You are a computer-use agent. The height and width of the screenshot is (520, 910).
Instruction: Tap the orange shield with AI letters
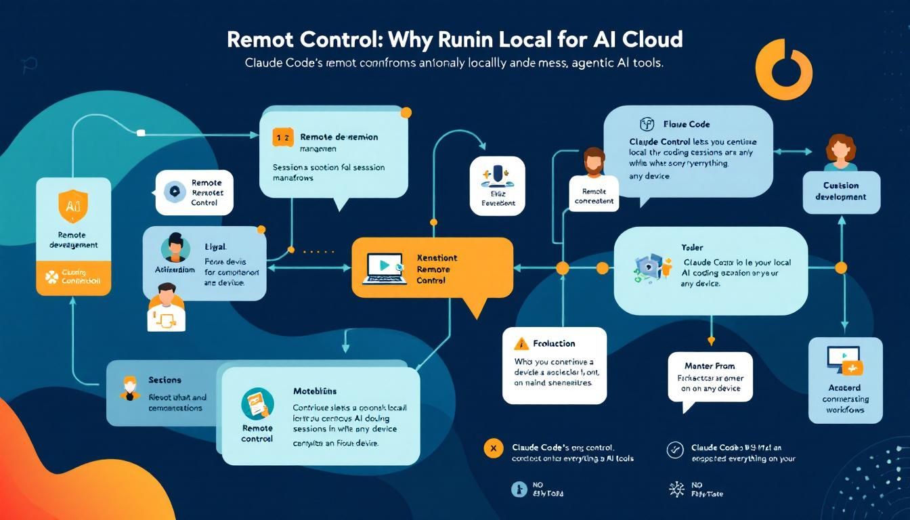pyautogui.click(x=73, y=206)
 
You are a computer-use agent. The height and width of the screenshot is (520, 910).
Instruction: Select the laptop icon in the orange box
pyautogui.click(x=383, y=267)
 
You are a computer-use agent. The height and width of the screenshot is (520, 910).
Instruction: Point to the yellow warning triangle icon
pyautogui.click(x=520, y=343)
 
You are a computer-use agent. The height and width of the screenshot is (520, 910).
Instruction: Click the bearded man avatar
pyautogui.click(x=593, y=162)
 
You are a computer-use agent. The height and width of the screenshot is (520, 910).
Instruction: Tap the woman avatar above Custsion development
pyautogui.click(x=841, y=153)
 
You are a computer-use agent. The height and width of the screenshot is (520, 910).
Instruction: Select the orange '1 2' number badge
pyautogui.click(x=282, y=137)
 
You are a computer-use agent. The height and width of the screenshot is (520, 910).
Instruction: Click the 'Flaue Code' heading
pyautogui.click(x=686, y=125)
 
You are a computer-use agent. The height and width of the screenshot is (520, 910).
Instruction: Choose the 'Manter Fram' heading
pyautogui.click(x=710, y=366)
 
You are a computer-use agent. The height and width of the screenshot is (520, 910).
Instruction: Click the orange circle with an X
pyautogui.click(x=493, y=448)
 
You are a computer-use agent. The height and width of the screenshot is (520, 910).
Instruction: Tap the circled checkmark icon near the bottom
pyautogui.click(x=674, y=448)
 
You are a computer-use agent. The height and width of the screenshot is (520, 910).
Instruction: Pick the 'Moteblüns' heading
pyautogui.click(x=315, y=391)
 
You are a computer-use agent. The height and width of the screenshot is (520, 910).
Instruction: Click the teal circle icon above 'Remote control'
pyautogui.click(x=257, y=404)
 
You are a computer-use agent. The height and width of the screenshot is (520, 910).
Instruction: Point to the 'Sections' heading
pyautogui.click(x=165, y=380)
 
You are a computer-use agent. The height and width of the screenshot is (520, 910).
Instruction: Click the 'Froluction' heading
pyautogui.click(x=554, y=343)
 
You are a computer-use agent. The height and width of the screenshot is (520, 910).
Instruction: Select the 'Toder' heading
pyautogui.click(x=693, y=248)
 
